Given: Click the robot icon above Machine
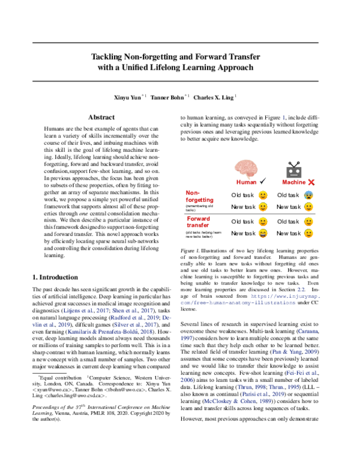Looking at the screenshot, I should click(x=294, y=169).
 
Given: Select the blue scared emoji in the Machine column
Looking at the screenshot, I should click(x=308, y=195).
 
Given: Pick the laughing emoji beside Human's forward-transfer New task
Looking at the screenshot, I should click(x=262, y=233).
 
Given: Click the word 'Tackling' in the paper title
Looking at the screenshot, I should click(x=109, y=56).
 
